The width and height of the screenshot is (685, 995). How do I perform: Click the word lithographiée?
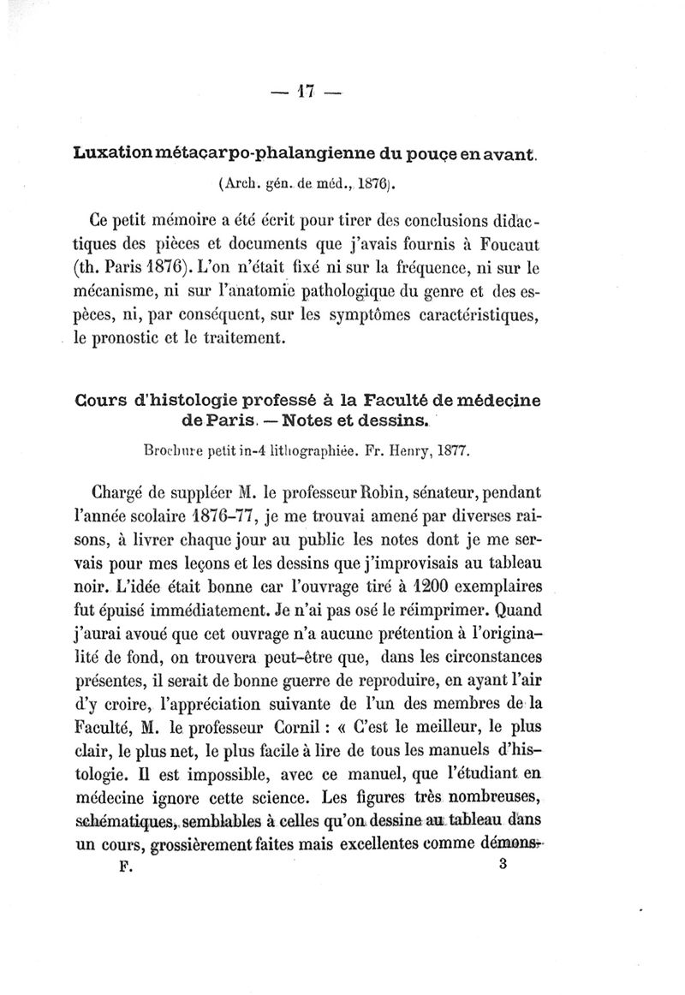295,449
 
